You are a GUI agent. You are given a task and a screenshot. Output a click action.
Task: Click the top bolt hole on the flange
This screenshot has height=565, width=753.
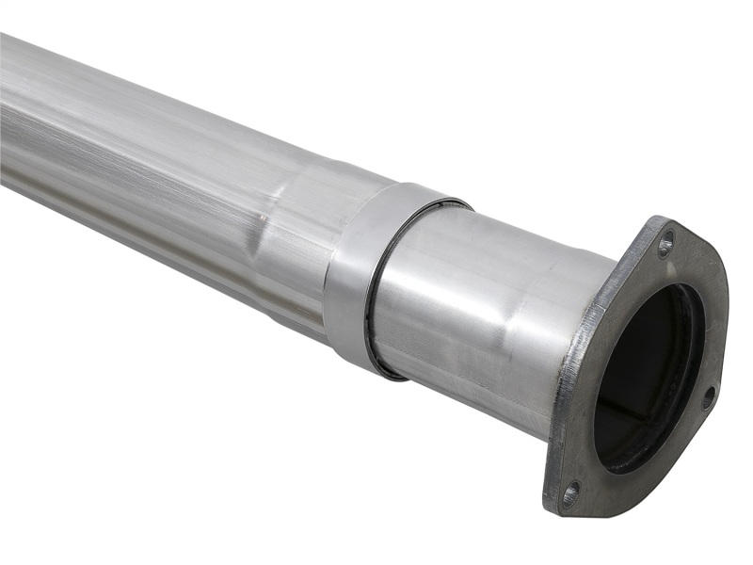pyautogui.click(x=665, y=244)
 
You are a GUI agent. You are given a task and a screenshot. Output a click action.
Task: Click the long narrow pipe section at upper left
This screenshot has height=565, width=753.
pyautogui.click(x=113, y=122)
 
